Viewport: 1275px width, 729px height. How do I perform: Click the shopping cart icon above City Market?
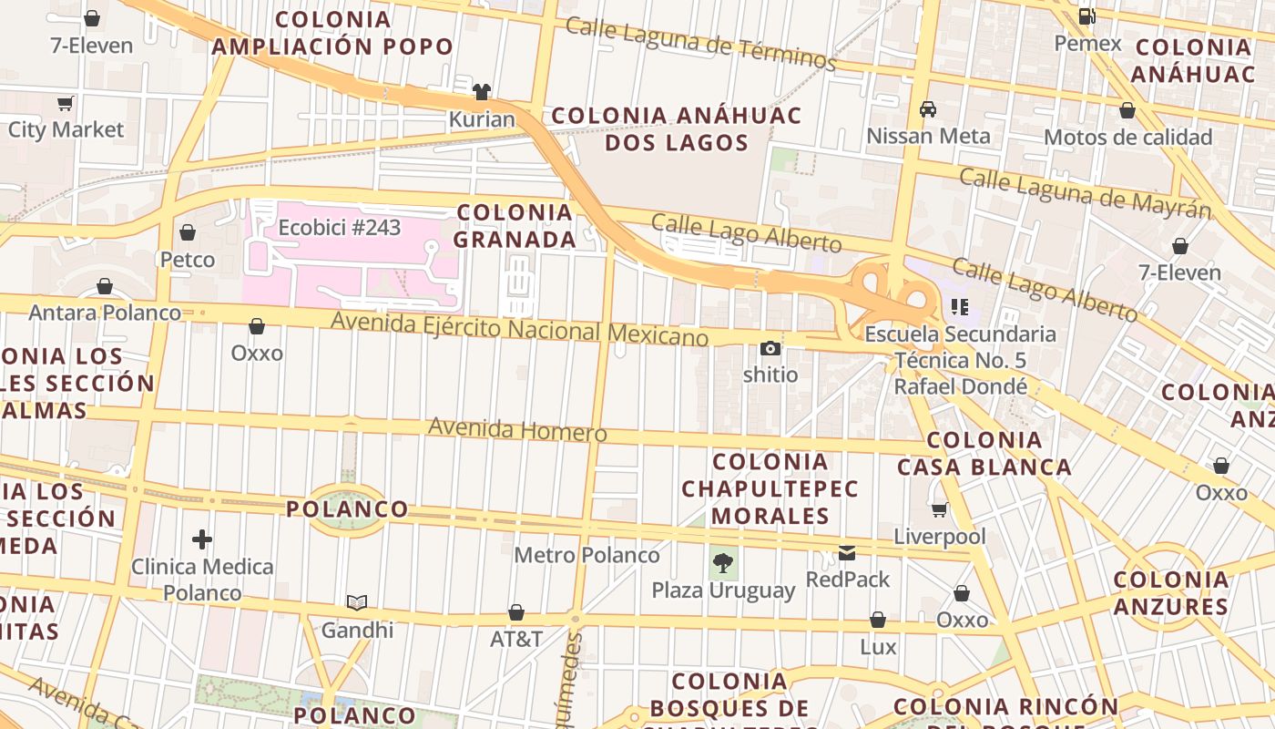point(65,103)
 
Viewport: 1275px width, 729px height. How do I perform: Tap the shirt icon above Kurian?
point(481,92)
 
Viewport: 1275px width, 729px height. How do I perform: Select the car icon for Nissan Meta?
point(928,109)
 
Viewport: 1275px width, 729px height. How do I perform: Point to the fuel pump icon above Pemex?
point(1086,16)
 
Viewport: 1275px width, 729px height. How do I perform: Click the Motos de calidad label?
point(1127,138)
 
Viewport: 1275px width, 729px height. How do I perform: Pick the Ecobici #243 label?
point(339,227)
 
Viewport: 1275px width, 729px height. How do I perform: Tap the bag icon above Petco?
point(188,233)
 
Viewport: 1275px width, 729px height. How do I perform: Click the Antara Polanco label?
point(105,313)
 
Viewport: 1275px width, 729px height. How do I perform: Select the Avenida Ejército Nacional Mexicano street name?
point(519,329)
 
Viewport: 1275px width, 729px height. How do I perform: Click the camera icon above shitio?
point(770,348)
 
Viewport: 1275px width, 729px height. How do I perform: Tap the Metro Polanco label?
point(586,555)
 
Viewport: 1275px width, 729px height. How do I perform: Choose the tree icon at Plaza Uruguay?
point(723,563)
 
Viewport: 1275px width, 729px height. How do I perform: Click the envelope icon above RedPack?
point(847,552)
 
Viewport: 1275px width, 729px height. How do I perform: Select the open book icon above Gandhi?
point(357,602)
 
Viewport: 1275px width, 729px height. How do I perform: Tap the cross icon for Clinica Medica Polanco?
point(202,540)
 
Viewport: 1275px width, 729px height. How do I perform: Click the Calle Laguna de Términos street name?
point(700,43)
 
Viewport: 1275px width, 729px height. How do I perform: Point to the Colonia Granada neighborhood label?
point(515,226)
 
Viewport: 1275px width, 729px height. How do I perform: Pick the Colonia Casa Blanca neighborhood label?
point(984,454)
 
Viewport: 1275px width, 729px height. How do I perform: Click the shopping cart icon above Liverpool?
point(939,509)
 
